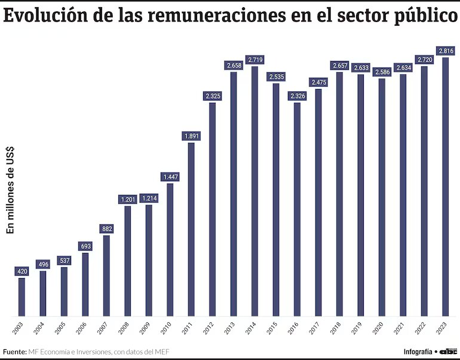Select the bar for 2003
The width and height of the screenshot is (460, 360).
click(22, 297)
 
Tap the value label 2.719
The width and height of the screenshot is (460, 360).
click(254, 60)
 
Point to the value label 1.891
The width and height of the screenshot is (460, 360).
click(191, 136)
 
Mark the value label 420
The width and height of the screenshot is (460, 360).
click(22, 271)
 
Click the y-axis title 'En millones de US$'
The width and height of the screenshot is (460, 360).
click(10, 190)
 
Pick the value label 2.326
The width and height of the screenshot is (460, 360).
click(297, 96)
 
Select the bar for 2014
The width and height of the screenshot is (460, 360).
click(254, 191)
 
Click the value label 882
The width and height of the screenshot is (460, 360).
click(106, 229)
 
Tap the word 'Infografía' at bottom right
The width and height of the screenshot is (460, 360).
click(418, 351)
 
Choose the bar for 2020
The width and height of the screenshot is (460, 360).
click(382, 197)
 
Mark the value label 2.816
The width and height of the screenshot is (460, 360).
click(445, 51)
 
